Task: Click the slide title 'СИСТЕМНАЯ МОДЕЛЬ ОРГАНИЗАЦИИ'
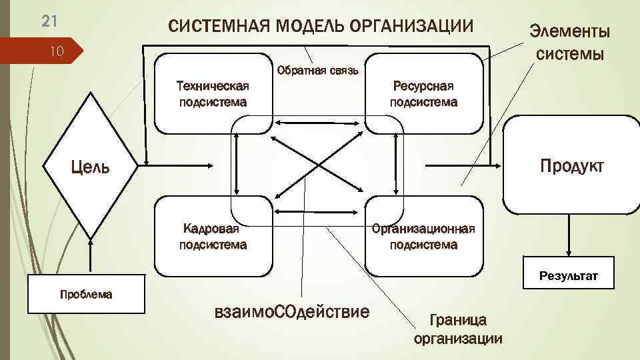coord(321,27)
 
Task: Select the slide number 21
coord(49,21)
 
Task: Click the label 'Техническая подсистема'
coord(212,93)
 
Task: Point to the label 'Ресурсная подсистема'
coord(423,93)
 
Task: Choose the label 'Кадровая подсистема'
coord(212,237)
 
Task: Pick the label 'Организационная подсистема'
coord(423,237)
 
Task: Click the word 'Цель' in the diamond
coord(91,166)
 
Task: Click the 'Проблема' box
coord(86,294)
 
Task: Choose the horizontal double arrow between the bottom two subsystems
coord(319,211)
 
